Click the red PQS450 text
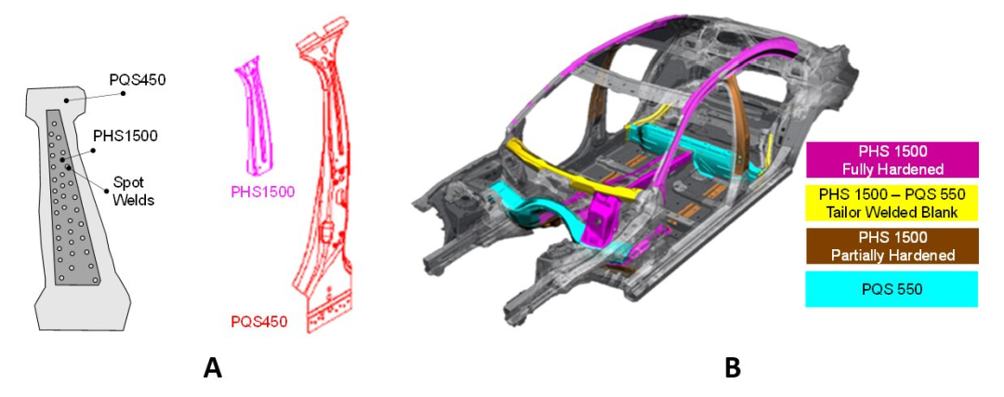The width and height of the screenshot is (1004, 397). click(x=258, y=320)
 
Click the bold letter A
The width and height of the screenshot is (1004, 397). click(x=213, y=368)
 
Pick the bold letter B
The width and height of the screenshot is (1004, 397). click(x=733, y=368)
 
